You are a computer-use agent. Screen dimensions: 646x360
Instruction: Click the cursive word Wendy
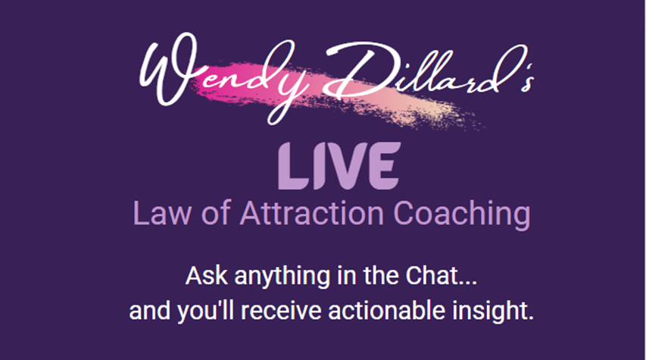click(x=223, y=77)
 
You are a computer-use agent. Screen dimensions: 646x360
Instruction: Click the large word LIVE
click(x=339, y=166)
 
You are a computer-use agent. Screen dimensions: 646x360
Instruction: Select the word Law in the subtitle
click(x=162, y=213)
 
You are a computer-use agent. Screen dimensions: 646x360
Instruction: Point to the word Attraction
click(x=312, y=213)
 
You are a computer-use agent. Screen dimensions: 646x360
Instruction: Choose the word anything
click(x=282, y=277)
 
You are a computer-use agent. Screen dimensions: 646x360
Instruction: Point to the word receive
click(x=281, y=311)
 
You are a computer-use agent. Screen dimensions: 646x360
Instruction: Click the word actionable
click(x=387, y=311)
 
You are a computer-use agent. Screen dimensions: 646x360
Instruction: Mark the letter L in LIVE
click(x=292, y=166)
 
